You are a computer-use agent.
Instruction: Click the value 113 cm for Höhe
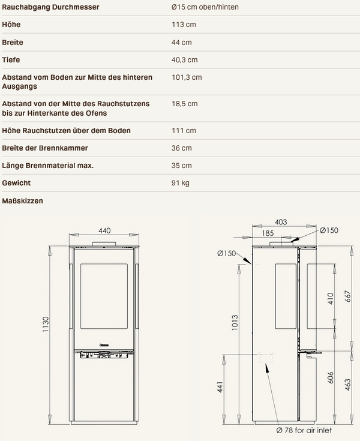[184, 25]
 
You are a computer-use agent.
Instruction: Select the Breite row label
[13, 43]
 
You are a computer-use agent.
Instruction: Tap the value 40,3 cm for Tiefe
[185, 60]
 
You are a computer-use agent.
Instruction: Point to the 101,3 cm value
[187, 77]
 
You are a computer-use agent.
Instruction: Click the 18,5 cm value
[185, 104]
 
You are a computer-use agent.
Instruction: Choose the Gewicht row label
[16, 183]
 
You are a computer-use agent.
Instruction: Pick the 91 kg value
[180, 183]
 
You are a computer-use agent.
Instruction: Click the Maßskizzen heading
[23, 201]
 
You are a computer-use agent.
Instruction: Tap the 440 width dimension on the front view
[104, 230]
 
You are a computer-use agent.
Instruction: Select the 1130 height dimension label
[46, 324]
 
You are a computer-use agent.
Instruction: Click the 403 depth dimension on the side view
[281, 222]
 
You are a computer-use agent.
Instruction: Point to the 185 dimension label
[268, 233]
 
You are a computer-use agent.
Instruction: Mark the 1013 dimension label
[235, 323]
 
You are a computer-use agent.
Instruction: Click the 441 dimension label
[220, 387]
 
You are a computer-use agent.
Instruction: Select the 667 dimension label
[348, 296]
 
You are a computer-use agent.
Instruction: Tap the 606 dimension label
[331, 378]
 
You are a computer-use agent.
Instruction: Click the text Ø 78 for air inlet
[304, 430]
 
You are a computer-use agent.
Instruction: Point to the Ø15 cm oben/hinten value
[205, 7]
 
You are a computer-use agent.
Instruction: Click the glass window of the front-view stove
[104, 296]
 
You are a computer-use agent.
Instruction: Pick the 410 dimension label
[331, 298]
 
